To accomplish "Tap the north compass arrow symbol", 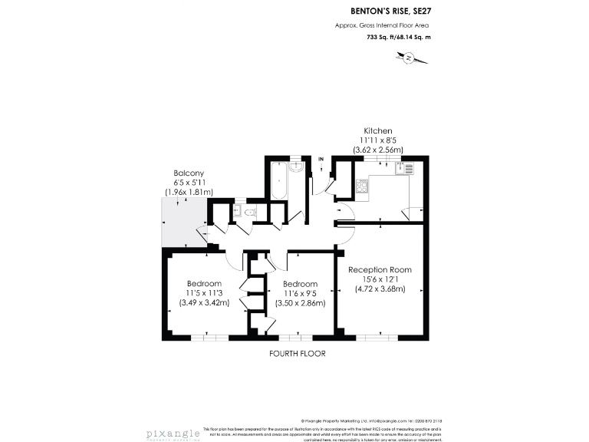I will [x=409, y=58].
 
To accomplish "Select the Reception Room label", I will [x=380, y=269].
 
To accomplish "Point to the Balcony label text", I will [x=188, y=173].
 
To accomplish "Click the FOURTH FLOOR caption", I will [x=298, y=354].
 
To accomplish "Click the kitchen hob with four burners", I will [x=362, y=185].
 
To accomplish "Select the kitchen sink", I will [x=409, y=170].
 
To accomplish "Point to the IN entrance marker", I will [x=321, y=159].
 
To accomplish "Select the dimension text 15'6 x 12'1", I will [x=380, y=279].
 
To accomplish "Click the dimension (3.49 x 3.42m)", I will [x=203, y=302].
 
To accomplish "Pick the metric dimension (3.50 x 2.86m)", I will [x=300, y=302].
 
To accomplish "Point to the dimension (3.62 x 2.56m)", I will [x=377, y=150].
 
